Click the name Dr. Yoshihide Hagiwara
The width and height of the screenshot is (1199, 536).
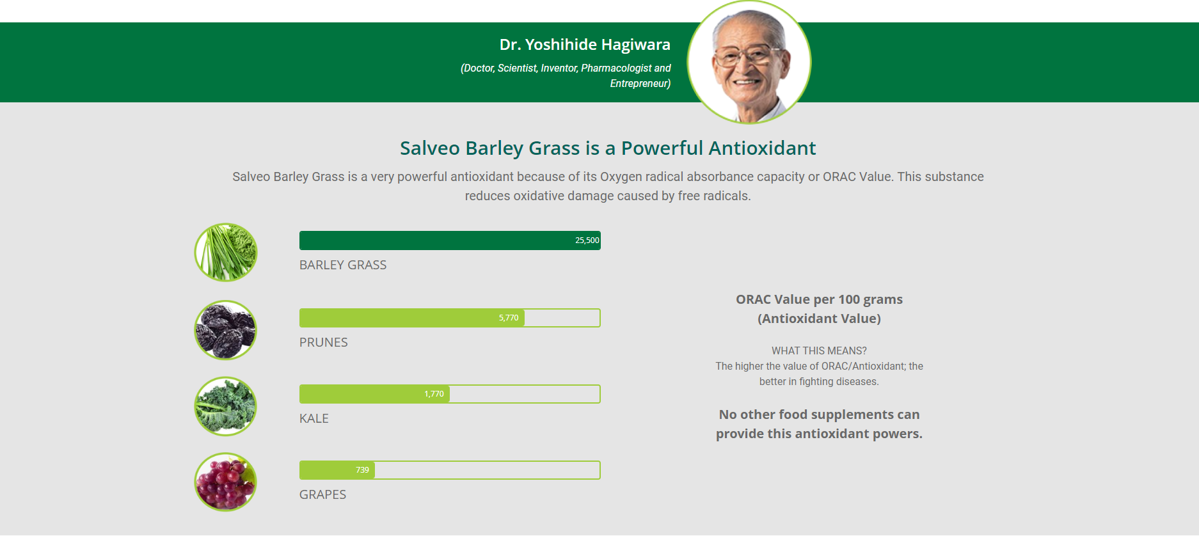coord(585,45)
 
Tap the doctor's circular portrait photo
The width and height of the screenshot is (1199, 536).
coord(749,62)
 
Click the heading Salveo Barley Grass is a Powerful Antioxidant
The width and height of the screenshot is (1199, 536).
coord(608,148)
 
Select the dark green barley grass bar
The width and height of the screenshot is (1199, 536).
coord(450,240)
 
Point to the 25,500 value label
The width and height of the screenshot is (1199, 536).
coord(587,240)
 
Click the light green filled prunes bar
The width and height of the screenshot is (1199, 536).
coord(412,318)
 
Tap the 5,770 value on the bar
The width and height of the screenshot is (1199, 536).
coord(509,318)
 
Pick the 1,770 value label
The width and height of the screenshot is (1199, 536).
coord(434,394)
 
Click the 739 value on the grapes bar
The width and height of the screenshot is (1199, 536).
coord(362,470)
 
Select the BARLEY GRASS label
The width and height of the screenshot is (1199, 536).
coord(343,265)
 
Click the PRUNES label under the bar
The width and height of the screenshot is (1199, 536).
coord(324,342)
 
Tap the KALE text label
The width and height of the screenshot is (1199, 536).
coord(314,418)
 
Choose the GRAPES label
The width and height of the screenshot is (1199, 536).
coord(322,494)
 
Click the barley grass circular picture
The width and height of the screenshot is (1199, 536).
coord(226,252)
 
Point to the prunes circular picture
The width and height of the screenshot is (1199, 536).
coord(226,330)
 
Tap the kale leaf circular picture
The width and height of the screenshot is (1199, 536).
coord(226,406)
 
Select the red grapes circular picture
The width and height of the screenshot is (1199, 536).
coord(226,482)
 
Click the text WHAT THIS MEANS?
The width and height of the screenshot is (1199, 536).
coord(819,351)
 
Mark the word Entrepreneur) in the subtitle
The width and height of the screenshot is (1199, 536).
coord(640,84)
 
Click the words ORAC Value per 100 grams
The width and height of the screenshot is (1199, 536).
coord(819,299)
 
